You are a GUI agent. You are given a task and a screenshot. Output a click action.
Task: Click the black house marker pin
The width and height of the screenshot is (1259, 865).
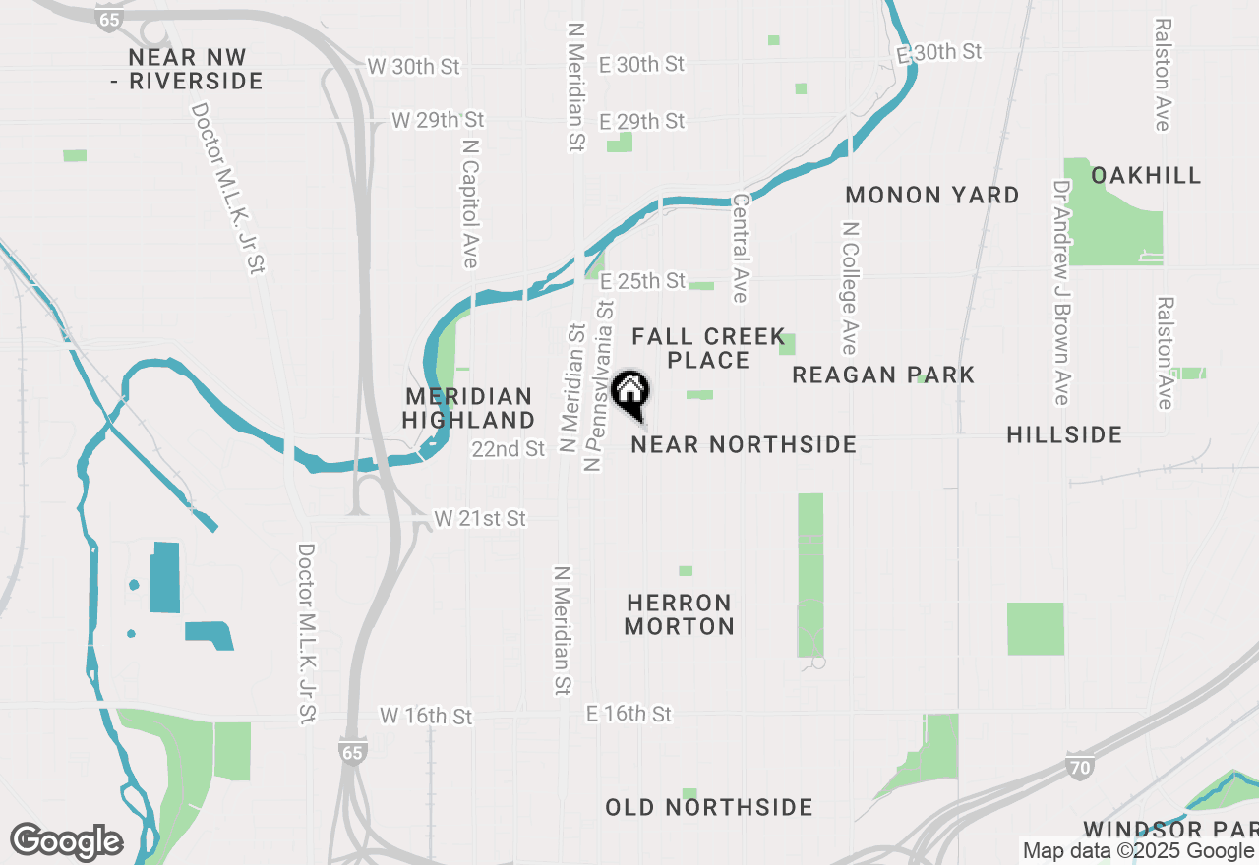coord(630,391)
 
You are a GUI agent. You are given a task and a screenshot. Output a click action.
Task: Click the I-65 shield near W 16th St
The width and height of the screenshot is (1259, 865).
coord(352,752)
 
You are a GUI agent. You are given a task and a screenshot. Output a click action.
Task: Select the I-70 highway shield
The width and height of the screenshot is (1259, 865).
coord(1079,767)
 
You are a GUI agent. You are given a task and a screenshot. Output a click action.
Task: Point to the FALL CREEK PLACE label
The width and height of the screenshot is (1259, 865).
coord(708,349)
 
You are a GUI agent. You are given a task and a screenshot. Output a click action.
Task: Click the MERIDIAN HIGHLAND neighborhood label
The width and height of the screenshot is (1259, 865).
coord(469,408)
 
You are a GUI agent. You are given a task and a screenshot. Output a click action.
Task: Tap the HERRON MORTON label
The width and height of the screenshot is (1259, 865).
coord(680,614)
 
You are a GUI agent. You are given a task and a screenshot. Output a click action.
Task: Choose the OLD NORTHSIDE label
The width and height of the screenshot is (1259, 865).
coord(709,808)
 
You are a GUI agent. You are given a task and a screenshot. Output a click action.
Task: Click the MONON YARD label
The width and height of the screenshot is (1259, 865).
coord(932,196)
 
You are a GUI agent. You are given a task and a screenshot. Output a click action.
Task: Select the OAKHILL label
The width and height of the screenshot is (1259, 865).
coord(1146,176)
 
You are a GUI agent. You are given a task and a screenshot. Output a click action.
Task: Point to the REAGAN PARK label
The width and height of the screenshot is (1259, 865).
coord(883,375)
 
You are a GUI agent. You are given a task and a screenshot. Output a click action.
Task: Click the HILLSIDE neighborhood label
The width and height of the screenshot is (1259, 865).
coord(1064,434)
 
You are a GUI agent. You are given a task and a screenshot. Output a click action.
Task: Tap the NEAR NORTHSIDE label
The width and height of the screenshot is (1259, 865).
coord(744,445)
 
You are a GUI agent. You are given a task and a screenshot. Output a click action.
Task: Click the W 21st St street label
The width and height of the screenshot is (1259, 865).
coord(480,518)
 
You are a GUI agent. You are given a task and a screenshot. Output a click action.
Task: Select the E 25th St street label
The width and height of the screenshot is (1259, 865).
coord(642,281)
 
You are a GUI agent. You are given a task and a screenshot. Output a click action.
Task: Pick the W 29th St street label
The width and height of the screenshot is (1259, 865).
coord(439,120)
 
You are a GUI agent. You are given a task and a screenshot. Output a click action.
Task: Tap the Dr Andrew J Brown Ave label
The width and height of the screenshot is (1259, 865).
coord(1061,292)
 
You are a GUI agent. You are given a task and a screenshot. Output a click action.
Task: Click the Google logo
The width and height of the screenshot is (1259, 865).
coord(67,842)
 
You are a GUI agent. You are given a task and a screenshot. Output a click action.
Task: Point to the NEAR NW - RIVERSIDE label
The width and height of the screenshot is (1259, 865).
coord(187,69)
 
